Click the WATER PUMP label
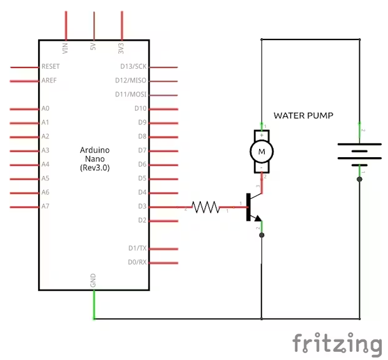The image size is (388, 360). point(304,116)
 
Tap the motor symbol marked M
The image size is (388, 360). point(262,151)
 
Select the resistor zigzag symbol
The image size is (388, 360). point(205,207)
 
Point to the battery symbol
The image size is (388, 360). point(359,152)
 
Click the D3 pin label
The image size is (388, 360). point(141,207)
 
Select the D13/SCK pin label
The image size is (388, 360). point(133,66)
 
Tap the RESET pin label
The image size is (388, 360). point(51,66)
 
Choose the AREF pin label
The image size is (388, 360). point(49,80)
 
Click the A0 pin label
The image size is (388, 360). point(45,108)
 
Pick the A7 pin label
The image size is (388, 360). point(45,207)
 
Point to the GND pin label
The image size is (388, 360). point(93,282)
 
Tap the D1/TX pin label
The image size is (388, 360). point(137,249)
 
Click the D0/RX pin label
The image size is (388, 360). point(137,262)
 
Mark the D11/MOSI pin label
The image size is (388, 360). point(131,95)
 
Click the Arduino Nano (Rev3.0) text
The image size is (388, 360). point(95,159)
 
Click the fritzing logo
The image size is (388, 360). point(337,344)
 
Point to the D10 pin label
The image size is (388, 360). point(140,108)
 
